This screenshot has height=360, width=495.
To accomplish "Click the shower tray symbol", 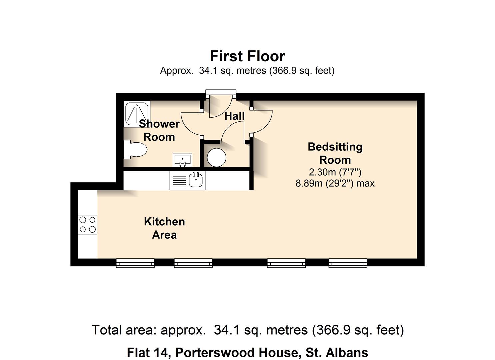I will point(137,113).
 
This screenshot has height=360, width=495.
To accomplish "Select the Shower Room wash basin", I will point(182,160).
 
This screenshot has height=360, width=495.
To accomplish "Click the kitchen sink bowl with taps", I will point(196,180).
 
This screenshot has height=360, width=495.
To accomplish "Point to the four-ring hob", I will point(87,225).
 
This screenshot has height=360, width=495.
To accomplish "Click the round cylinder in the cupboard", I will point(216,157).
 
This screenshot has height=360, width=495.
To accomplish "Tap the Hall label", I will point(234,116).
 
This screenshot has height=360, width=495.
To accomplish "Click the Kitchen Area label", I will point(164,228).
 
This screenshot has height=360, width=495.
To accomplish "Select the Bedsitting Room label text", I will point(335,153).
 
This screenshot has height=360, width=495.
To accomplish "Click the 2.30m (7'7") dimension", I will point(335,172).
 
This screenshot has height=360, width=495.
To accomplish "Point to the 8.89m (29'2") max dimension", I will point(335,183).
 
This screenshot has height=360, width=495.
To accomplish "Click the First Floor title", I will point(247,56).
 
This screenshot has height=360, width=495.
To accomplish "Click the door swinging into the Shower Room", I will point(192,123).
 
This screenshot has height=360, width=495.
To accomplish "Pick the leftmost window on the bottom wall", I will point(135,263).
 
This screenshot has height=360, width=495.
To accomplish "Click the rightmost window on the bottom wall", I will point(348,263).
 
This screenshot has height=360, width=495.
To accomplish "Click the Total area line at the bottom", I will point(247,330).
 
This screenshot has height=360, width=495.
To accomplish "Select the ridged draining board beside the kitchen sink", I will point(179,180).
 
